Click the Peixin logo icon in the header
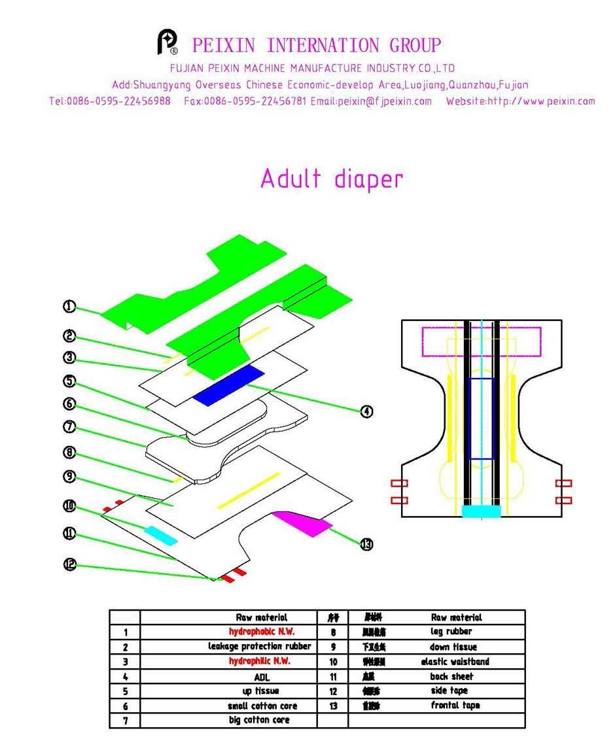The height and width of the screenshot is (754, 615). coord(168,43)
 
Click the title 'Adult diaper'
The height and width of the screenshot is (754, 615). coord(332,179)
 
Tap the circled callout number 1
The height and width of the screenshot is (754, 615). coord(69,306)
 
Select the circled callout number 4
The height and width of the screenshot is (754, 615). coord(367,411)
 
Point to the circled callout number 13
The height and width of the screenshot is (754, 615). coord(367,544)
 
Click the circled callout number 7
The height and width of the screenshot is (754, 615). coord(69,427)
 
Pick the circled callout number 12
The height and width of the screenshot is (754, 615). coord(69,563)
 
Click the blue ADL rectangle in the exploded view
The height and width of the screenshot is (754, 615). coord(229,386)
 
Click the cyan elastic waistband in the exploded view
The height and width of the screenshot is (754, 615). coord(161,534)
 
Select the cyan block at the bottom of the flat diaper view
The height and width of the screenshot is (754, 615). coord(481,511)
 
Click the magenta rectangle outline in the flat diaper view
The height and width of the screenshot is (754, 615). coord(481,337)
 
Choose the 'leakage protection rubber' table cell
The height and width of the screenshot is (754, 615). coord(260,647)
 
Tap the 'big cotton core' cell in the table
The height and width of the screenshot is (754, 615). coord(260,720)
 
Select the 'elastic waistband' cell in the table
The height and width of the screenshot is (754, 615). coord(455,662)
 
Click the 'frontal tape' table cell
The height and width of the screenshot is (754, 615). coord(455,706)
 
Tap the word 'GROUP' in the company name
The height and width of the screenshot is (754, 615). coord(415,46)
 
